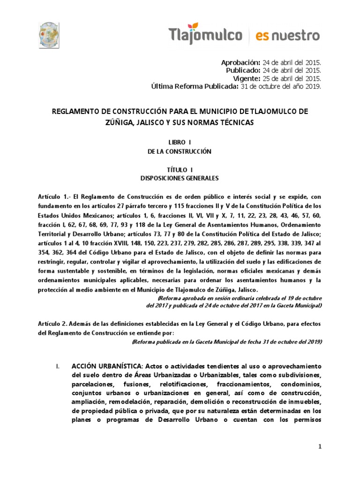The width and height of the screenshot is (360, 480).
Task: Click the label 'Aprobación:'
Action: (x=240, y=62)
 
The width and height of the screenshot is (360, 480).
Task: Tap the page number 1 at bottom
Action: (x=320, y=447)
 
